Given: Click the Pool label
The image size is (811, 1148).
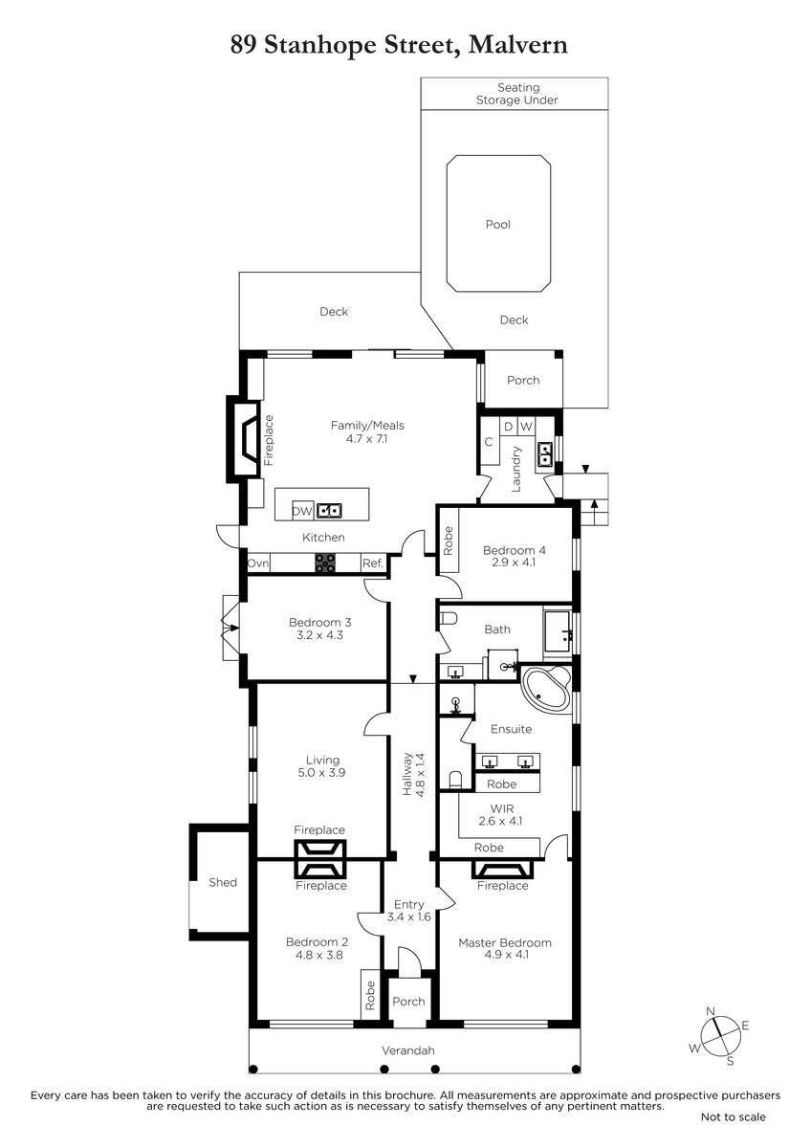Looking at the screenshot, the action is [x=497, y=224].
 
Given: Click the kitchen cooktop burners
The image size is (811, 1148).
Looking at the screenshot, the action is [x=325, y=563].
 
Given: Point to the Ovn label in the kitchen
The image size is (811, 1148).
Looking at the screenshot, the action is [x=257, y=563].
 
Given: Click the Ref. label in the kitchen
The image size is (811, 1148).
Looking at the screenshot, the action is [x=373, y=563].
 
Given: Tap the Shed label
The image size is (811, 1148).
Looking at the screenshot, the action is [x=223, y=882].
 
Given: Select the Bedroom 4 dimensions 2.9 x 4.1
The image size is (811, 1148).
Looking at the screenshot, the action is [x=513, y=562].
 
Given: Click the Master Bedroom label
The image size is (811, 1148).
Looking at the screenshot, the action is [x=505, y=942].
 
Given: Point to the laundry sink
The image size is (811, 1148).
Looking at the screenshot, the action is [x=544, y=454].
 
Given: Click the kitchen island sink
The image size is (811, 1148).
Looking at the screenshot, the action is [x=329, y=511].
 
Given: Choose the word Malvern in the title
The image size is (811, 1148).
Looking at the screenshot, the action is [x=517, y=45].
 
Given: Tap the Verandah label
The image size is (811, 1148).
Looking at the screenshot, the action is [x=407, y=1050].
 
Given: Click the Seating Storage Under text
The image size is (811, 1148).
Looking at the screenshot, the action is [x=517, y=94].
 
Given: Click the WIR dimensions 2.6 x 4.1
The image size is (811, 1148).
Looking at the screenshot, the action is [x=500, y=821].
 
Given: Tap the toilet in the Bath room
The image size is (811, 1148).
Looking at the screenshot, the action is [x=449, y=618].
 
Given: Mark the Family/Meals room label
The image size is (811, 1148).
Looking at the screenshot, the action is [x=367, y=425].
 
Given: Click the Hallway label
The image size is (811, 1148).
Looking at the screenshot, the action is [x=407, y=773].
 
